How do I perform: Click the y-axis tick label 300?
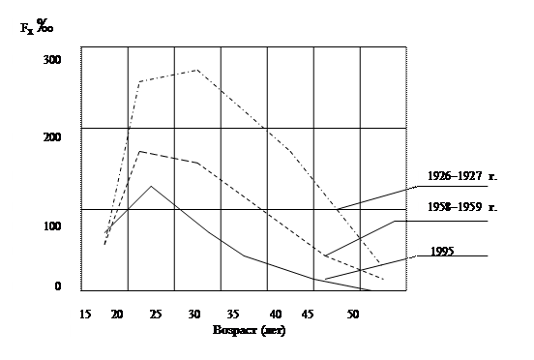pyautogui.click(x=52, y=60)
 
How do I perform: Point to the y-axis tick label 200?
pyautogui.click(x=52, y=137)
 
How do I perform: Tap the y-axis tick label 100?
pyautogui.click(x=52, y=225)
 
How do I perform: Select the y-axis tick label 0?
pyautogui.click(x=58, y=286)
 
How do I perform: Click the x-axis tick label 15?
pyautogui.click(x=85, y=314)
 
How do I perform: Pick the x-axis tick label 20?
pyautogui.click(x=117, y=314)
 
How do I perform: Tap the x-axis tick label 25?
pyautogui.click(x=156, y=314)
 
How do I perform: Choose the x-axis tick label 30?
pyautogui.click(x=194, y=314)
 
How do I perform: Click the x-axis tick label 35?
pyautogui.click(x=233, y=314)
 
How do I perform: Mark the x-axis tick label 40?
pyautogui.click(x=276, y=314)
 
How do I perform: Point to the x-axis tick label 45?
pyautogui.click(x=308, y=314)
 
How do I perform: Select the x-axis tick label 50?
pyautogui.click(x=353, y=314)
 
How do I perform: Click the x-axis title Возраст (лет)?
pyautogui.click(x=249, y=330)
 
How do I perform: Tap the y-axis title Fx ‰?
pyautogui.click(x=37, y=26)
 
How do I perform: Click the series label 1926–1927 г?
pyautogui.click(x=462, y=176)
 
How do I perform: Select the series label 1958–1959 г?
pyautogui.click(x=462, y=207)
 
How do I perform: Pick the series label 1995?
pyautogui.click(x=442, y=252)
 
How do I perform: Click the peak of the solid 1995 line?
pyautogui.click(x=151, y=187)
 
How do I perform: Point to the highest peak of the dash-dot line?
pyautogui.click(x=196, y=70)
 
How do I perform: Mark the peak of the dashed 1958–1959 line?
pyautogui.click(x=139, y=151)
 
